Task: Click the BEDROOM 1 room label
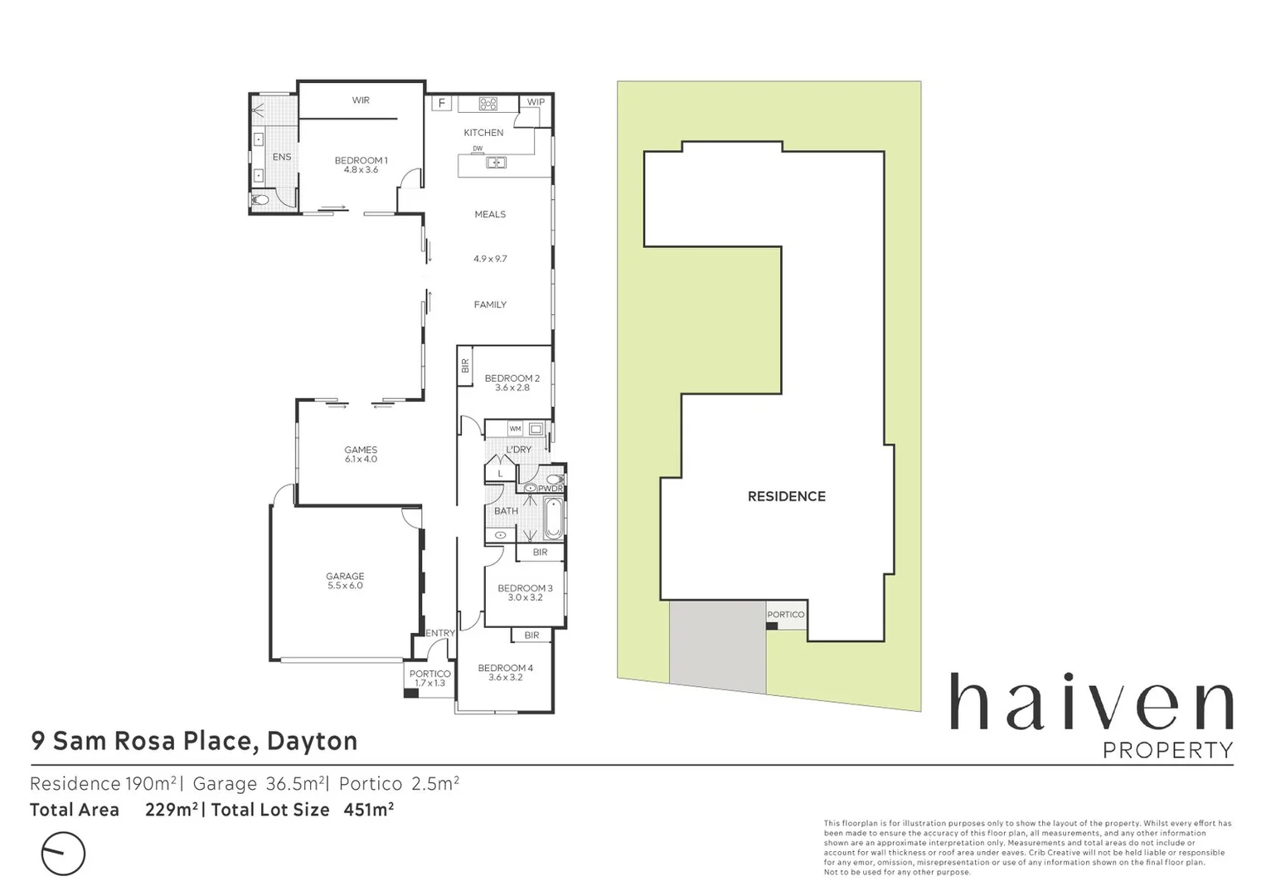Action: click(x=361, y=160)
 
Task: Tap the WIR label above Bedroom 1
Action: click(x=361, y=100)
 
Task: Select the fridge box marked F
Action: click(x=442, y=104)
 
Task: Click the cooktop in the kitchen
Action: click(x=488, y=104)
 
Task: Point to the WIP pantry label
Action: click(x=536, y=102)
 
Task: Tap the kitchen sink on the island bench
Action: click(x=496, y=163)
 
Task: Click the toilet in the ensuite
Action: click(x=261, y=199)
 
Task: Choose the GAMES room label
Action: click(x=361, y=450)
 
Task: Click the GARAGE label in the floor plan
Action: click(x=345, y=576)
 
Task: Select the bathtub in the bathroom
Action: click(x=554, y=519)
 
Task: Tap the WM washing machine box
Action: click(x=516, y=429)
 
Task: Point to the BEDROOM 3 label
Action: click(x=525, y=588)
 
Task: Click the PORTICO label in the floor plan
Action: click(x=429, y=674)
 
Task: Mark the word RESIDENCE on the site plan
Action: click(x=787, y=496)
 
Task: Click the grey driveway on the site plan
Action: click(x=718, y=645)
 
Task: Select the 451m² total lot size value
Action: click(x=368, y=810)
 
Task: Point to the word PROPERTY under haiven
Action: click(x=1167, y=750)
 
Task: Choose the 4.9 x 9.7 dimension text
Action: click(x=490, y=259)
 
